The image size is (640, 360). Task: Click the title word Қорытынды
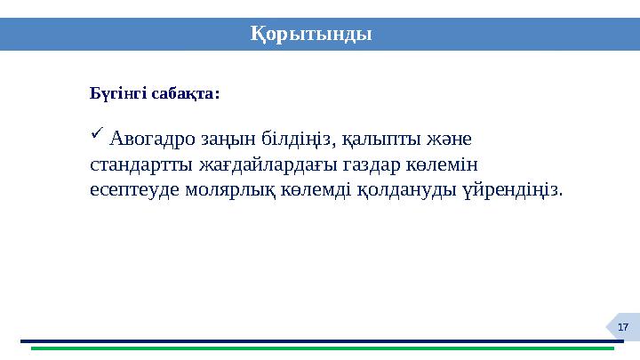tap(310, 34)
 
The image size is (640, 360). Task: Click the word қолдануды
tap(405, 190)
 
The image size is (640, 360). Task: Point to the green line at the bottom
tap(320, 348)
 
